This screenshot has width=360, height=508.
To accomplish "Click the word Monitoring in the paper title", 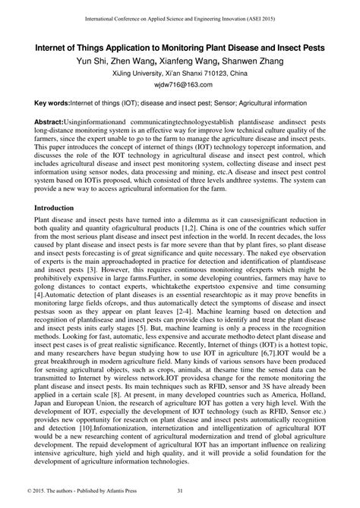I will coord(180,46).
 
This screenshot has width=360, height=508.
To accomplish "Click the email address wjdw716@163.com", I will coord(179,86).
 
